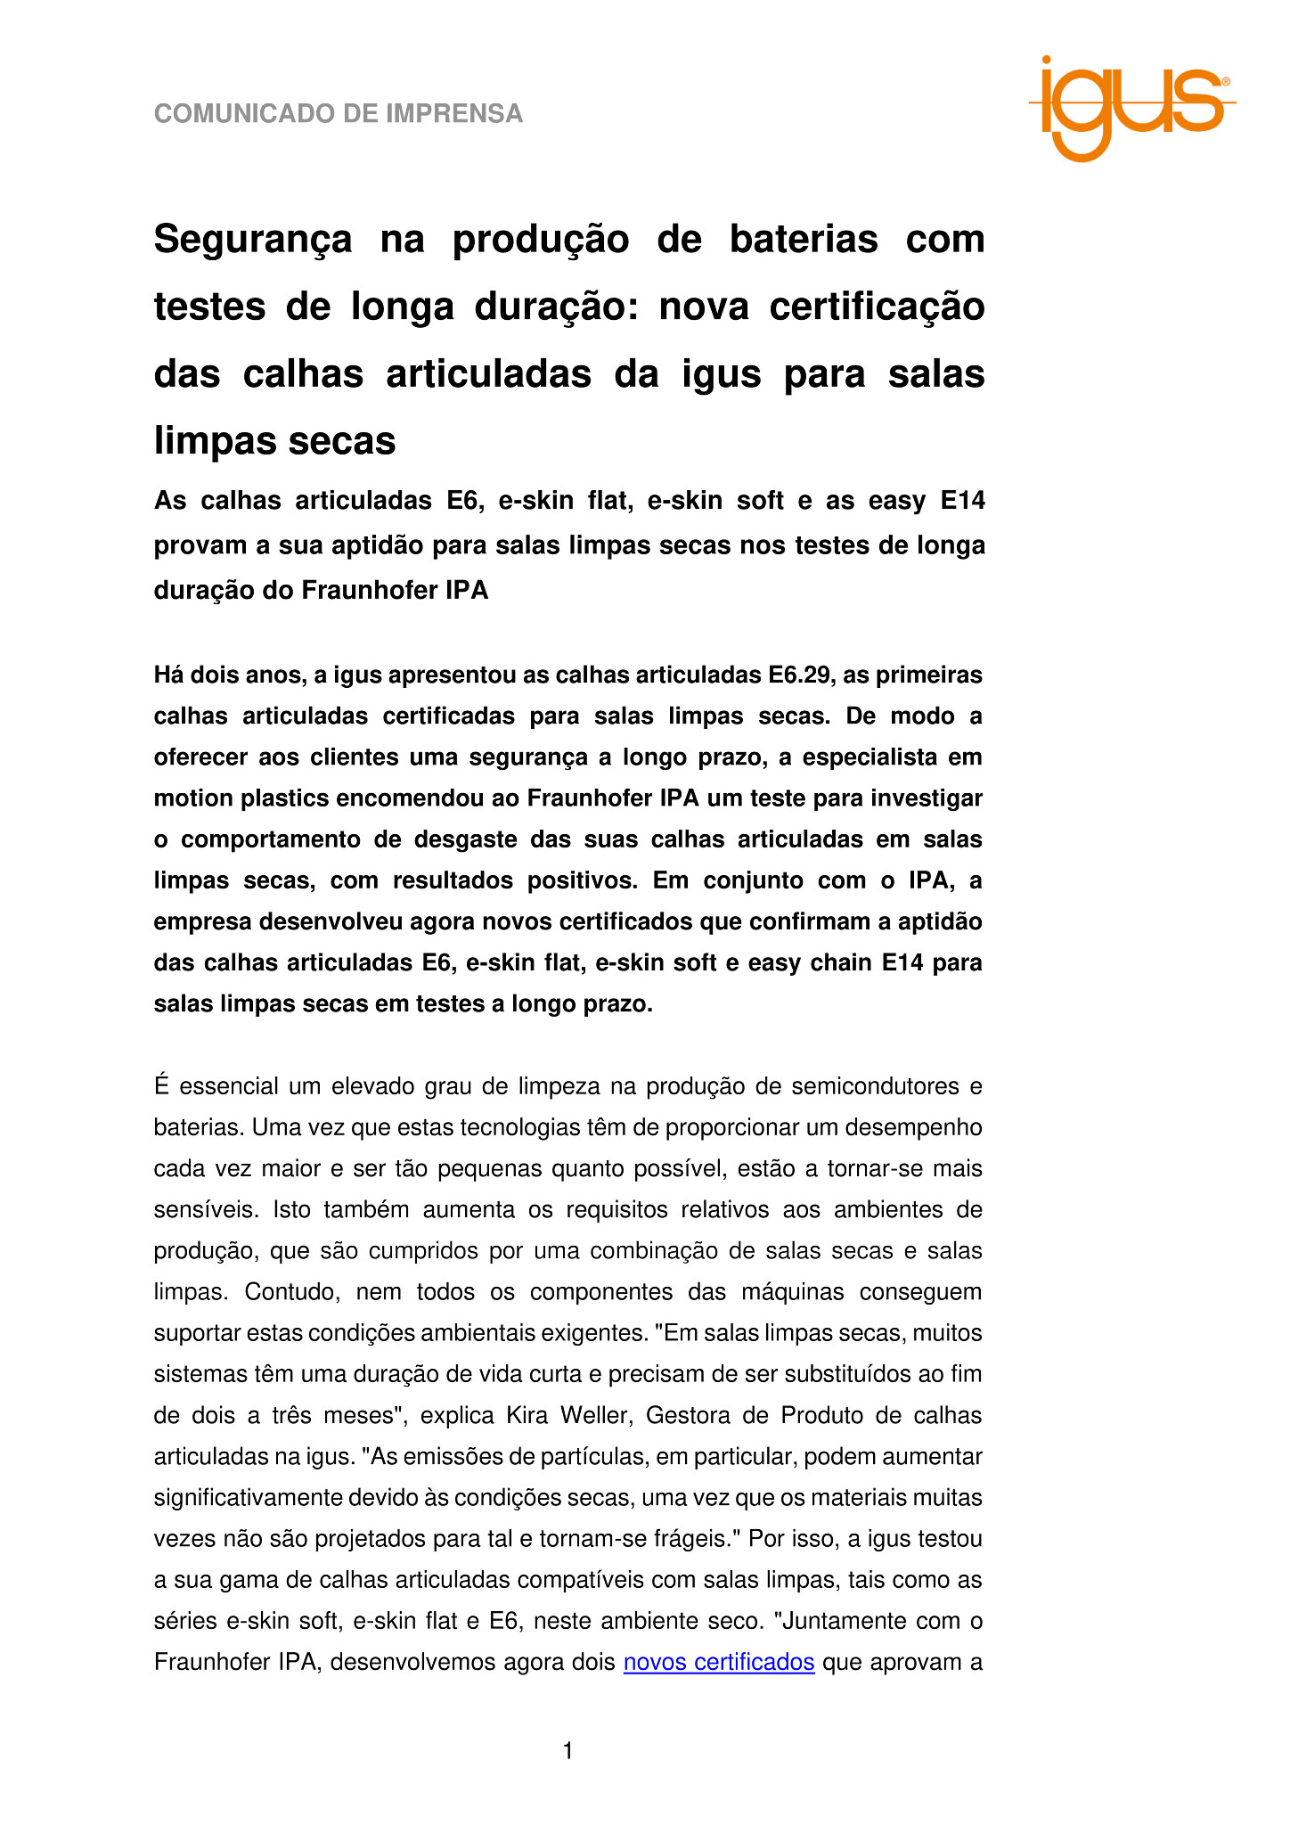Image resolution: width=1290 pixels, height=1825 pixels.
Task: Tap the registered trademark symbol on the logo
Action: click(x=1226, y=81)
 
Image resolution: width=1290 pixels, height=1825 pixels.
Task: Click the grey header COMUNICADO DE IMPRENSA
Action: click(x=339, y=114)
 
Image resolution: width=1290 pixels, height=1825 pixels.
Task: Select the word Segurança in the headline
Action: click(x=253, y=240)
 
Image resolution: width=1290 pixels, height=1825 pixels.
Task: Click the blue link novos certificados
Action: click(x=719, y=1662)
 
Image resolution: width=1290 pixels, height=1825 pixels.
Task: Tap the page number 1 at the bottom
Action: click(x=568, y=1752)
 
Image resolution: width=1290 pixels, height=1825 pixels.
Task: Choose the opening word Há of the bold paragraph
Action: click(x=169, y=675)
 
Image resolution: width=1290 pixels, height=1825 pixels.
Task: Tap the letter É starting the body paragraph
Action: click(x=161, y=1086)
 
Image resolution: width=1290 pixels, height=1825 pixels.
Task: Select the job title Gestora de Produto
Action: click(x=754, y=1415)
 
